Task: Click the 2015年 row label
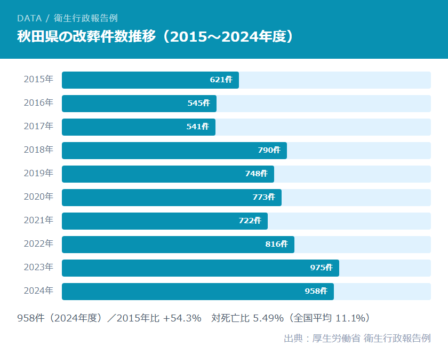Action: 38,80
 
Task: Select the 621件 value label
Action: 221,80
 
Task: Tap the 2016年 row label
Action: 38,103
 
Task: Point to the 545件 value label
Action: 198,104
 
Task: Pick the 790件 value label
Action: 269,151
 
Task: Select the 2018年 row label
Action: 38,150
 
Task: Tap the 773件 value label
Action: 263,198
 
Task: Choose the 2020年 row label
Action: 38,197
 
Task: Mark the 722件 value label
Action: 250,221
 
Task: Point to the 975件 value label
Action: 321,268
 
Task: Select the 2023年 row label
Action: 38,268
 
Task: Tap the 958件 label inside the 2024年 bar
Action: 316,292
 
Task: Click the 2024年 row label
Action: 38,291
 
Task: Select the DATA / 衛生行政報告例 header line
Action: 67,18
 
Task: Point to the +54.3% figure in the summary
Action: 182,318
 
